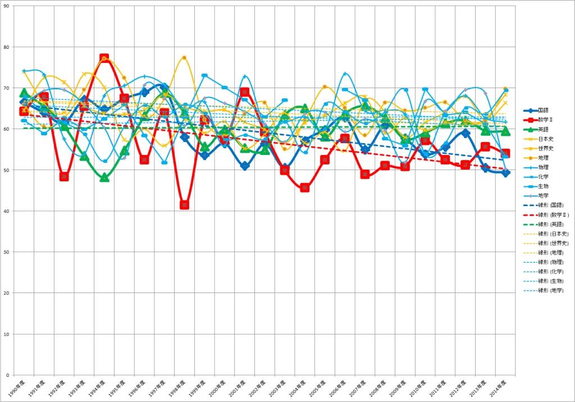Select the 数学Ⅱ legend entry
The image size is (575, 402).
coord(546,120)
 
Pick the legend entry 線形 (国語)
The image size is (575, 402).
coord(550,205)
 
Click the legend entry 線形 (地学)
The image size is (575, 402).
coord(550,290)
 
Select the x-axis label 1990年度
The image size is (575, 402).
coord(17,388)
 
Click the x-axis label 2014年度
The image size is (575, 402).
coord(499,388)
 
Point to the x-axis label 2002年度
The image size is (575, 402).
coord(258,388)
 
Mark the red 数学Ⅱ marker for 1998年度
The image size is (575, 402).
coord(184,205)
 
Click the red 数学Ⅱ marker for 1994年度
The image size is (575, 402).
coord(104,58)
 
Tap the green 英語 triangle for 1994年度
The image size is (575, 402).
coord(104,178)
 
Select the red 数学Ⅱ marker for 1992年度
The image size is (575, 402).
coord(64,176)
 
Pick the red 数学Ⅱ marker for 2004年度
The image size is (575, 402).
coord(305,188)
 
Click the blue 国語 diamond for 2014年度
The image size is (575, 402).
coord(505,173)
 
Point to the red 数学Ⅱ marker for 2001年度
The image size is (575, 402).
coord(244,92)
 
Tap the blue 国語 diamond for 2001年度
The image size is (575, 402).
coord(244,166)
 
